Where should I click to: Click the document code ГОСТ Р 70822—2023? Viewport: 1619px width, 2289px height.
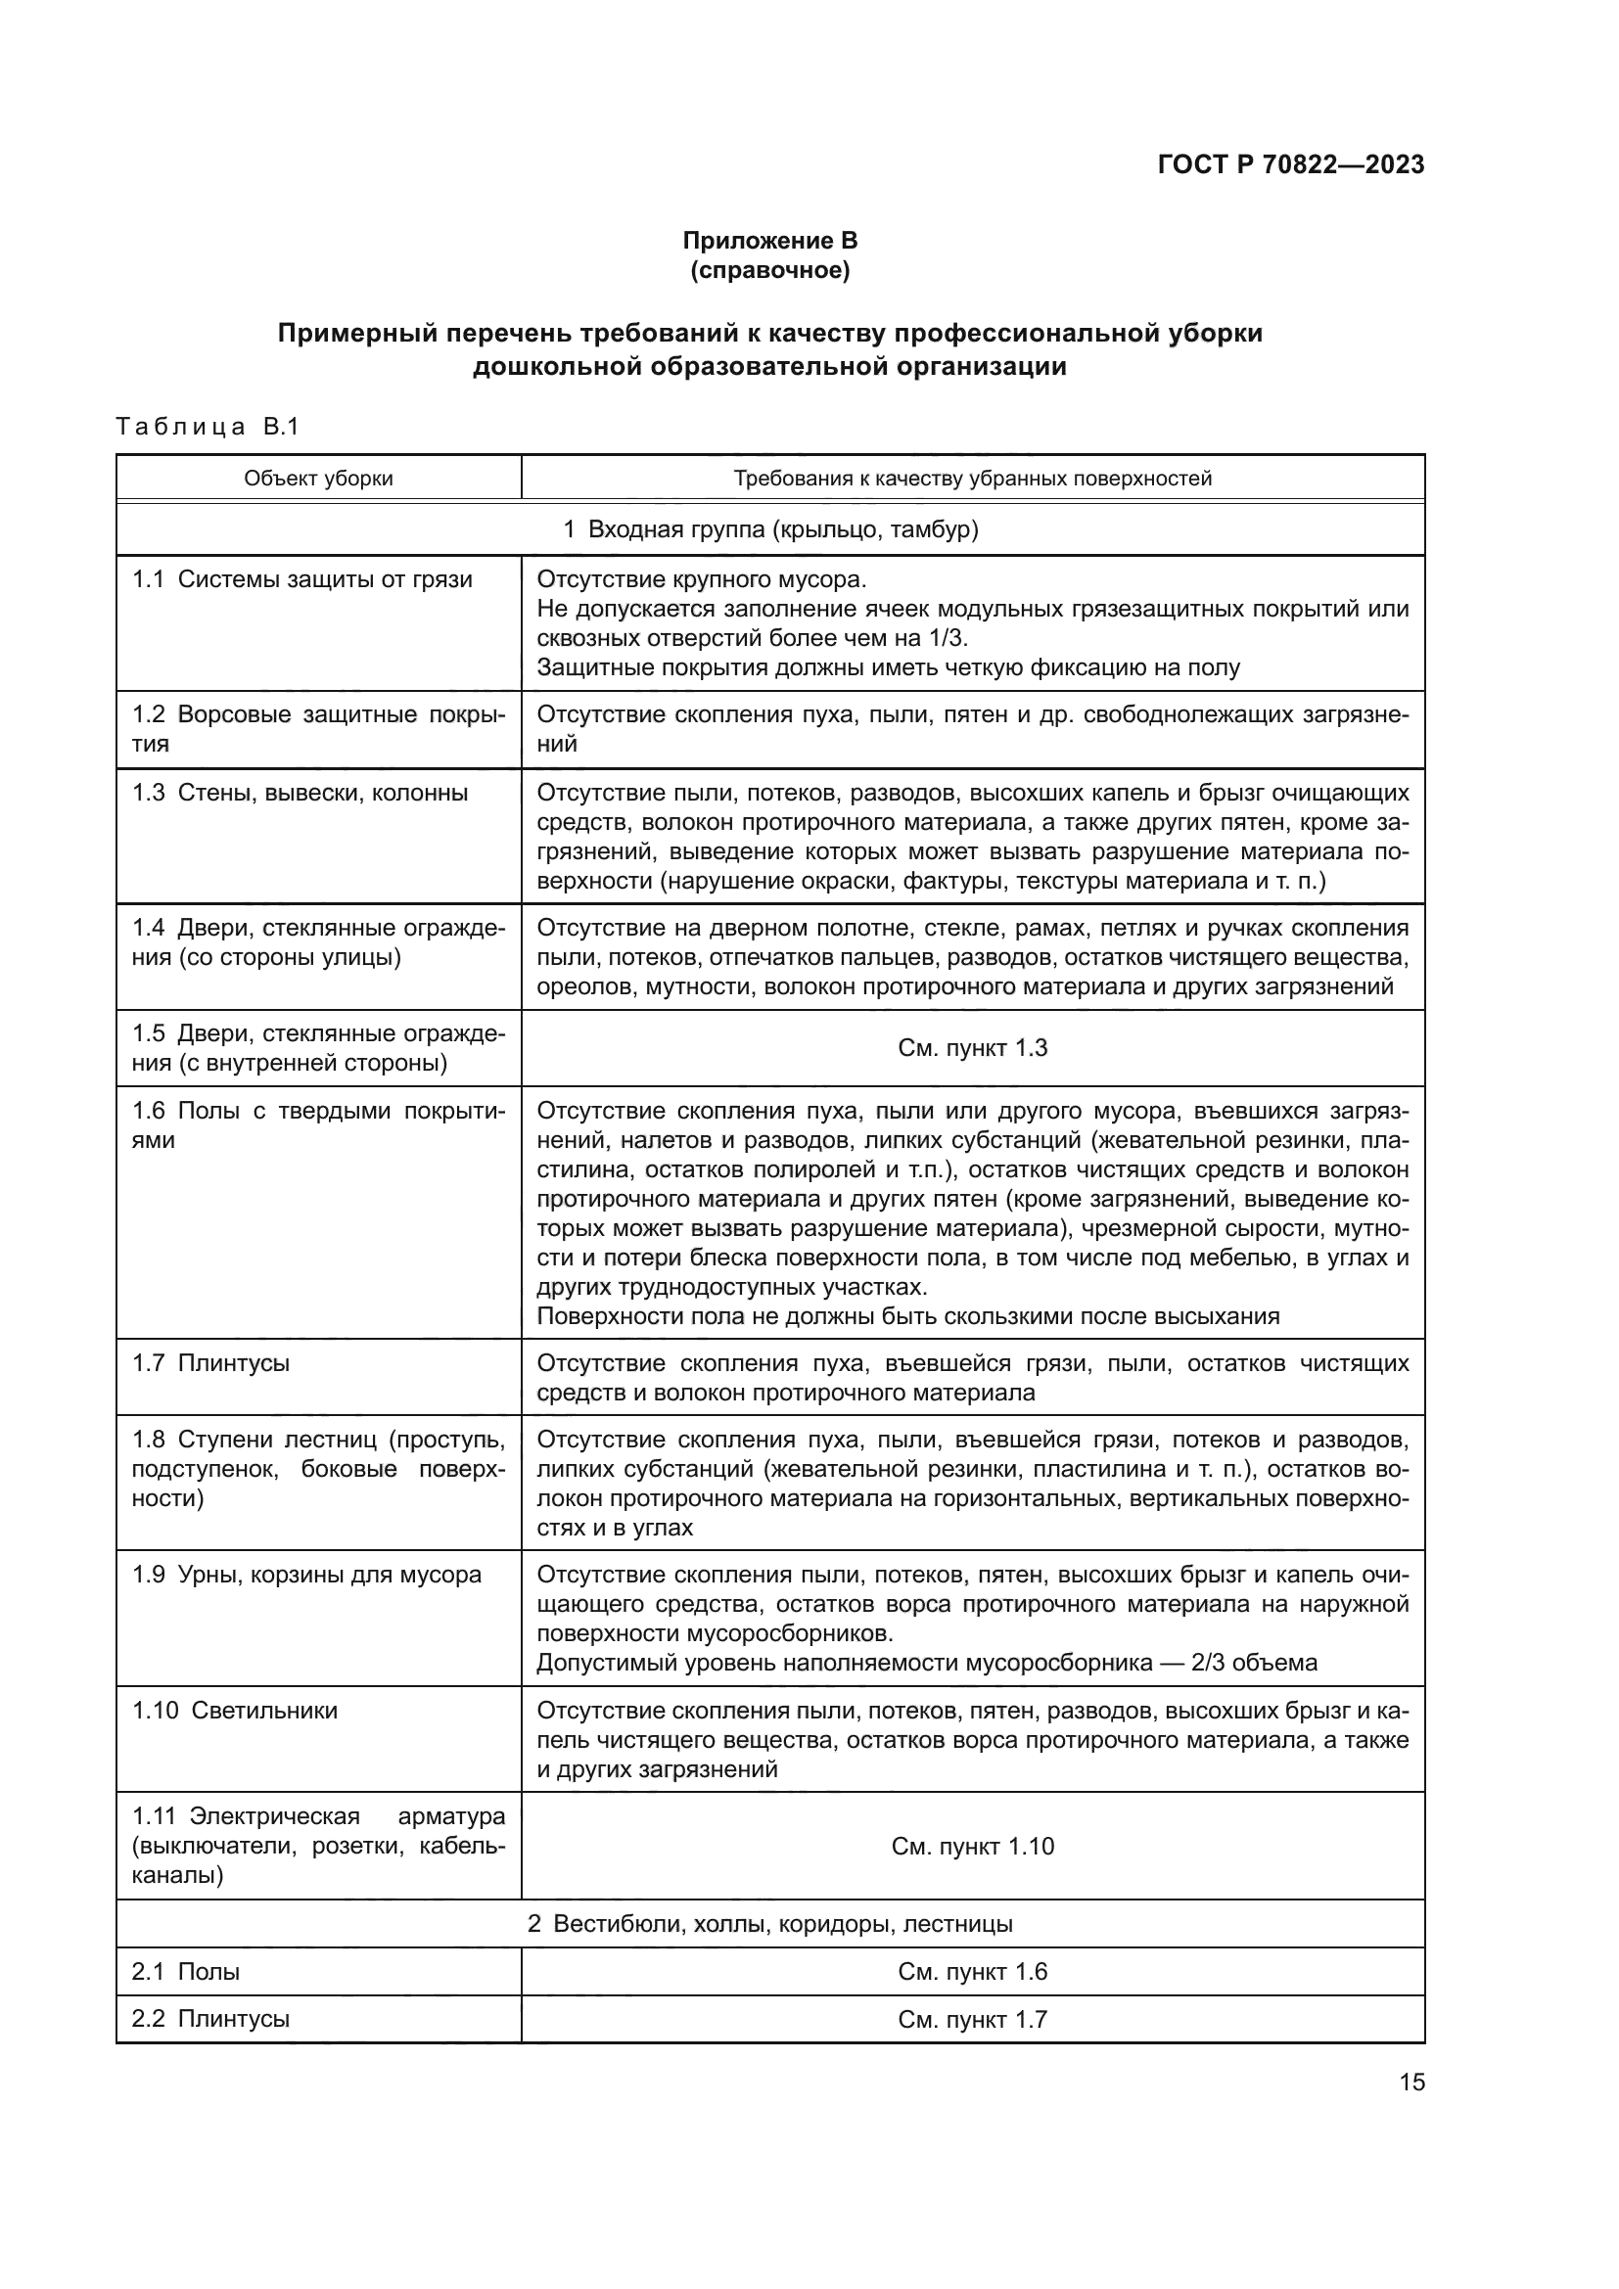(x=1291, y=164)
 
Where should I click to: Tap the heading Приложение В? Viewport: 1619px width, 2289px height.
(x=769, y=241)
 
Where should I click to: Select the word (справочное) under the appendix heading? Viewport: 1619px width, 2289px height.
(x=769, y=270)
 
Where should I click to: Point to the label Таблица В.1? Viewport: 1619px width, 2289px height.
(x=208, y=427)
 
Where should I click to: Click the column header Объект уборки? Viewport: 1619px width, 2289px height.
(x=318, y=479)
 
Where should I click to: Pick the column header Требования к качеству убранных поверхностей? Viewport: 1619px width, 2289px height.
(x=972, y=479)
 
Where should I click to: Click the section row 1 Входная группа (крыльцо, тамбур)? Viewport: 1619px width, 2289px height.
(x=769, y=529)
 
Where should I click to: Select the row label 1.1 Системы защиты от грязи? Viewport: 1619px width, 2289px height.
(x=302, y=579)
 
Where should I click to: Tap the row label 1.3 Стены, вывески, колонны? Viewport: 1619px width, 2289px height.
(x=301, y=793)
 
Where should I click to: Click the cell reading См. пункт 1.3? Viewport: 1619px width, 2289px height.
(x=972, y=1048)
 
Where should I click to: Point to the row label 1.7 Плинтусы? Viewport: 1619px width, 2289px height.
(x=211, y=1363)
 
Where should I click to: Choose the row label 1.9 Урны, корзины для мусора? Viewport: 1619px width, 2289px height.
(x=306, y=1575)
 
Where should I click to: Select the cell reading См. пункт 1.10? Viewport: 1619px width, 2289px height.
(x=972, y=1847)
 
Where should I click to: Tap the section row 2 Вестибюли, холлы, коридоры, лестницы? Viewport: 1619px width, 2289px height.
(x=769, y=1923)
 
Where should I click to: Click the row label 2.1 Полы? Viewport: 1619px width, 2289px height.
(x=185, y=1971)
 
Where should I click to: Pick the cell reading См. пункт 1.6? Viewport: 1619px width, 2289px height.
(x=972, y=1971)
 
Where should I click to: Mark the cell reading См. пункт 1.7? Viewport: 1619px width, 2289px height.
(x=972, y=2019)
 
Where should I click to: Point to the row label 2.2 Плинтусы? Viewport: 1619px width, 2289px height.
(x=210, y=2019)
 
